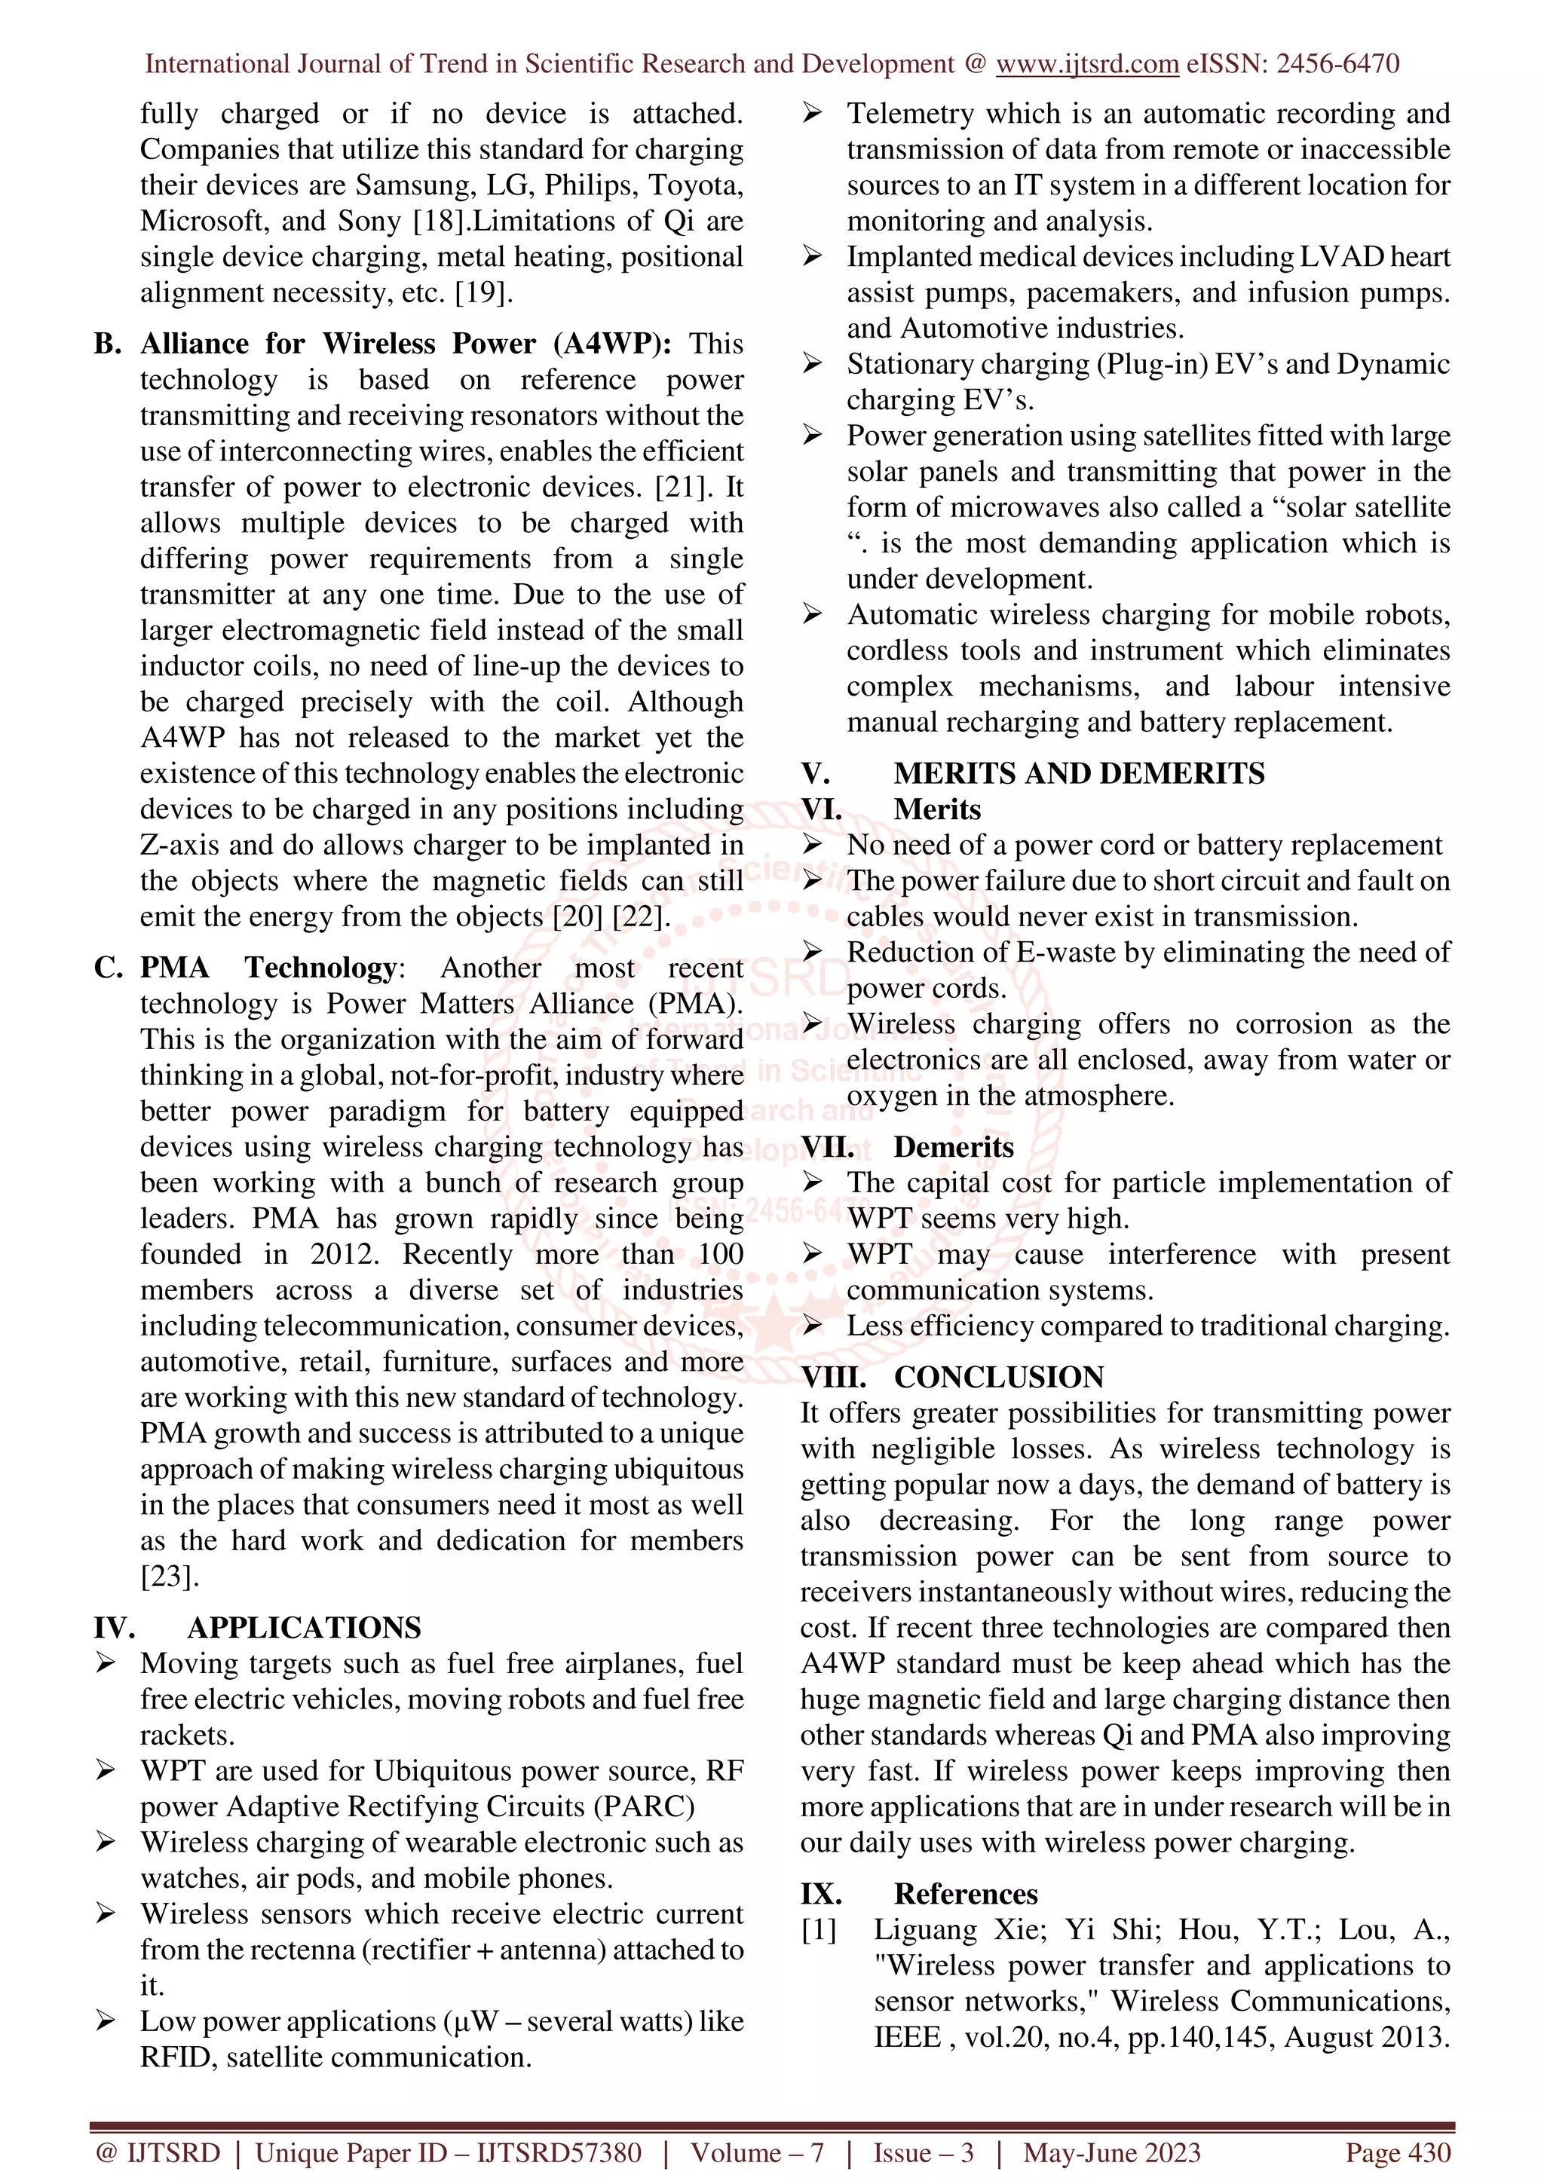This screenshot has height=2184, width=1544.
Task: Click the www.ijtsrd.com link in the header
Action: (x=1086, y=64)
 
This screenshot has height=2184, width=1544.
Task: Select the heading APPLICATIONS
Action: (x=304, y=1628)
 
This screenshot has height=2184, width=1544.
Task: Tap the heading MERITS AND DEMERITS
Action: (x=1079, y=773)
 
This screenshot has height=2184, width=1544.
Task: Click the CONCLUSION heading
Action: (x=999, y=1378)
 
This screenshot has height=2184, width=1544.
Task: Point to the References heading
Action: (x=966, y=1894)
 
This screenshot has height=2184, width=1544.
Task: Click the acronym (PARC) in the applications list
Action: (x=645, y=1806)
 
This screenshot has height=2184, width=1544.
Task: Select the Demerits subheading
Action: (x=953, y=1147)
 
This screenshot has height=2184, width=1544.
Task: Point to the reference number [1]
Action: (x=819, y=1930)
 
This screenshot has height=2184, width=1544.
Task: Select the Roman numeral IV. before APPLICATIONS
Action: (x=114, y=1628)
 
